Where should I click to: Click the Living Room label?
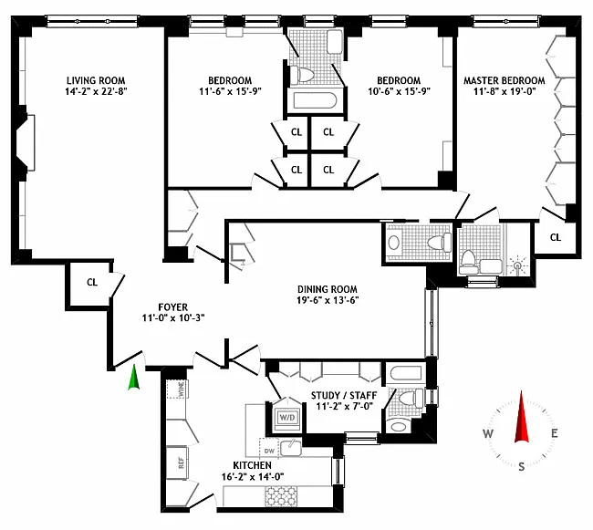click(96, 80)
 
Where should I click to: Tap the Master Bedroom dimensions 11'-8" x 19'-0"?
click(505, 91)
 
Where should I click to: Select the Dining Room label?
click(328, 289)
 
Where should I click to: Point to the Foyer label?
click(172, 307)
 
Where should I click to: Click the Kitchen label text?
click(252, 465)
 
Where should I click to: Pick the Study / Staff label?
click(344, 395)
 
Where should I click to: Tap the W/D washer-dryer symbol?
click(287, 418)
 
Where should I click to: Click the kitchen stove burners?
click(281, 496)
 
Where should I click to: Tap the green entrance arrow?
click(134, 377)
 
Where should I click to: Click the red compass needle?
click(521, 417)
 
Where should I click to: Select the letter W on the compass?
click(487, 433)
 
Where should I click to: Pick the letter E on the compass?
click(554, 433)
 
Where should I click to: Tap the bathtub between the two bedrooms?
click(315, 101)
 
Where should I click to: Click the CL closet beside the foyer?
click(92, 283)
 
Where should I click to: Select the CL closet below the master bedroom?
click(556, 237)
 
